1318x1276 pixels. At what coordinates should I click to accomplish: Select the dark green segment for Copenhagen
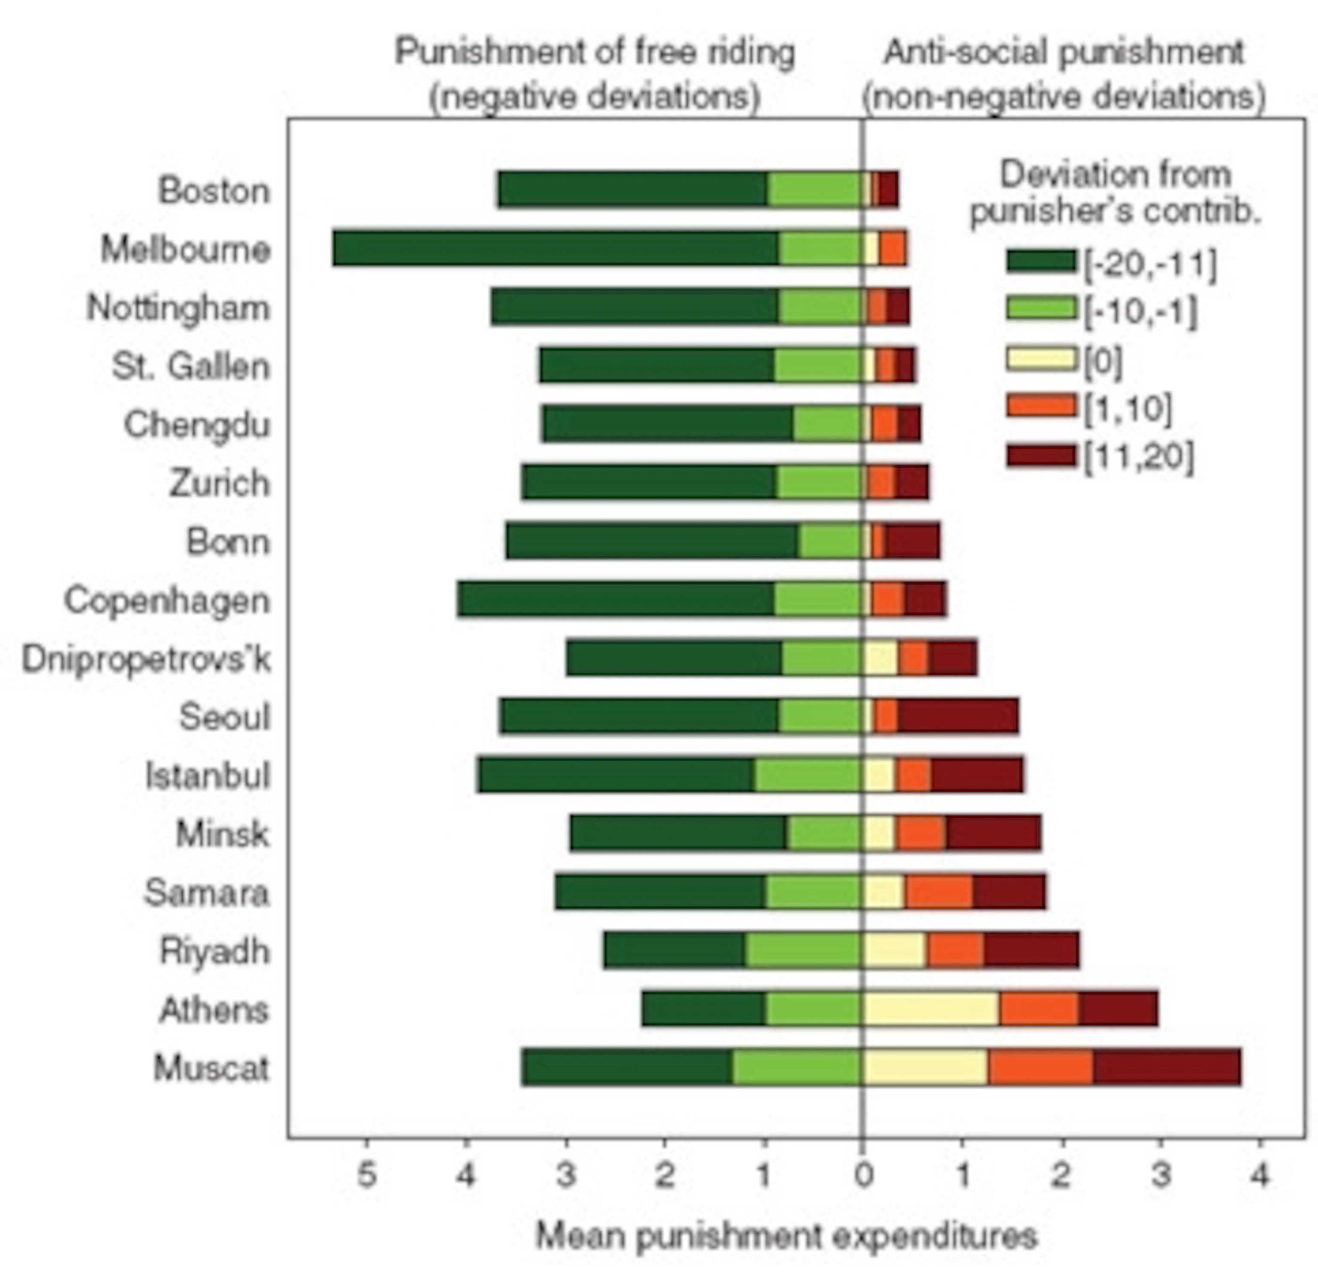tap(616, 599)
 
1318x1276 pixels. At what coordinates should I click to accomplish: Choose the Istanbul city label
tap(208, 776)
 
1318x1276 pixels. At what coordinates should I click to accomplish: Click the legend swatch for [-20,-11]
tap(1041, 261)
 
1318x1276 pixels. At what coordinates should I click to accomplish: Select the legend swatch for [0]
tap(1041, 359)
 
